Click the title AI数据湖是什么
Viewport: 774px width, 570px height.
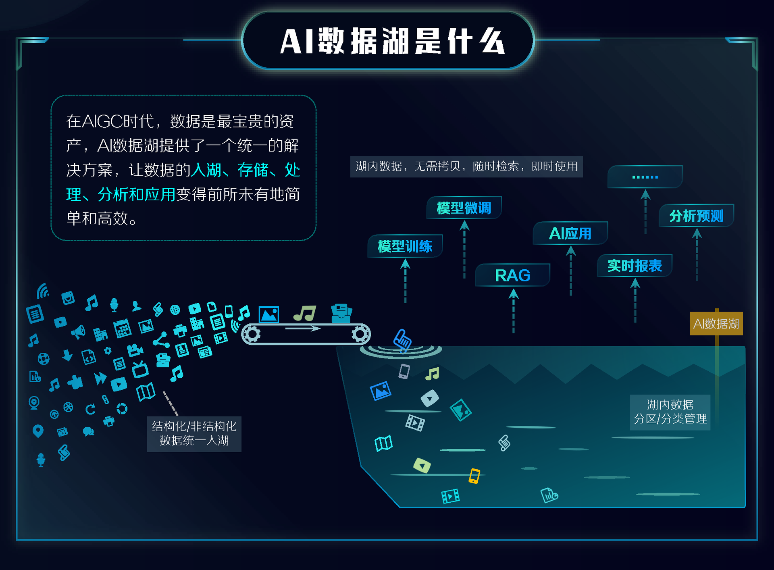[392, 41]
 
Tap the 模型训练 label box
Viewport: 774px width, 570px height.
[405, 246]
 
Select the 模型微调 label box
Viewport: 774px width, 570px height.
[464, 208]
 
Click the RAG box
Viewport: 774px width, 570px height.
[512, 275]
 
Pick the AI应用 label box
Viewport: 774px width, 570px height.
[570, 233]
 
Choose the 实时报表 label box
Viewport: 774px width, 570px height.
[635, 266]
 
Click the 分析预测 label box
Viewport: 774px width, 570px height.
[696, 216]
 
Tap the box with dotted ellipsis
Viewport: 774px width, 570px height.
[645, 177]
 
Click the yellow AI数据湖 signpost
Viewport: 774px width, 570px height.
[716, 324]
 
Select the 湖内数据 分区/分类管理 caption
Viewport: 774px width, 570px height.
[670, 412]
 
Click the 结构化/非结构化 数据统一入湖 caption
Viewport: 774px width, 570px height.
[194, 433]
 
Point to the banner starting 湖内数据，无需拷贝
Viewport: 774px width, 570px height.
[466, 166]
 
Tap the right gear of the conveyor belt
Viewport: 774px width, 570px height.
[360, 334]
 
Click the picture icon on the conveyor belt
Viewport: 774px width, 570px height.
[268, 314]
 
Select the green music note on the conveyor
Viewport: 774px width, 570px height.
[305, 313]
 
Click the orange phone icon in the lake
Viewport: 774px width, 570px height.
[474, 476]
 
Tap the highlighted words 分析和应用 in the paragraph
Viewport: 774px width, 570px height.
[136, 194]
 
